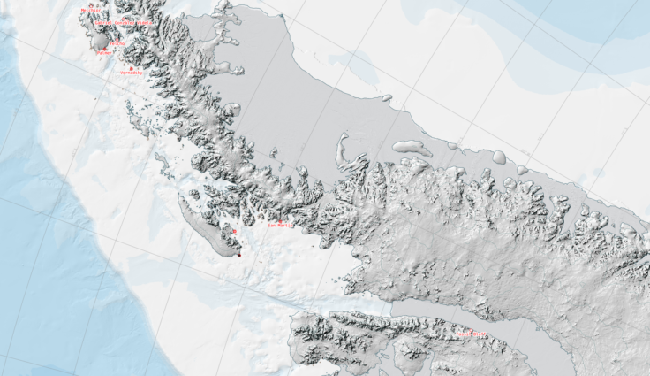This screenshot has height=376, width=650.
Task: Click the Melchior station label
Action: (90, 10)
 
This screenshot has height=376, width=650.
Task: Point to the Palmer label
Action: (103, 52)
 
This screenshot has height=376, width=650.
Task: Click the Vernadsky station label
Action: (131, 73)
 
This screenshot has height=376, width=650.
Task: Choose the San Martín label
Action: (280, 226)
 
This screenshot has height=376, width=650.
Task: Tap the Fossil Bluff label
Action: (472, 334)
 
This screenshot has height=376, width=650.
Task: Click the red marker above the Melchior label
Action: (90, 4)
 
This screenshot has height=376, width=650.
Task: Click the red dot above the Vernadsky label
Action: (131, 67)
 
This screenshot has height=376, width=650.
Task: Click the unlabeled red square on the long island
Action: (234, 231)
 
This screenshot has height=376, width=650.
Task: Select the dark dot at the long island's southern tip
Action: (239, 255)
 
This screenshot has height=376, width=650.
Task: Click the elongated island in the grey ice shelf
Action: (412, 148)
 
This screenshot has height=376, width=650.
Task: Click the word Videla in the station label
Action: (143, 23)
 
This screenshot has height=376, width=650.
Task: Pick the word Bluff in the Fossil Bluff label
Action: (480, 334)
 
